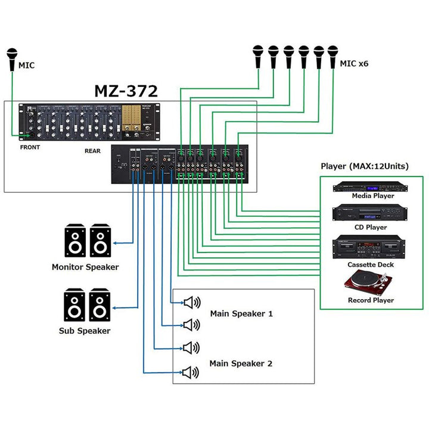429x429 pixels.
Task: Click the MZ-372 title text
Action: coord(126,91)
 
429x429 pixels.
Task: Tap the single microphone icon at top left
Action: coord(13,60)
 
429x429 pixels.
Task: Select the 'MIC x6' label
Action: coord(354,63)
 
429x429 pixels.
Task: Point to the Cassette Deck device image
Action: coord(371,247)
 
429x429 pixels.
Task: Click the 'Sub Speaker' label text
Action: coord(85,331)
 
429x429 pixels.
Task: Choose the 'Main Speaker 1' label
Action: coord(241,313)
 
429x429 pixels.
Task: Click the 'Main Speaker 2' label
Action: coord(241,363)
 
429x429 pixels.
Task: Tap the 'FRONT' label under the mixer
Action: coord(30,147)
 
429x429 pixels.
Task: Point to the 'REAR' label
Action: coord(93,151)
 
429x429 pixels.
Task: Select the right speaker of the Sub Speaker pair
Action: coord(100,306)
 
